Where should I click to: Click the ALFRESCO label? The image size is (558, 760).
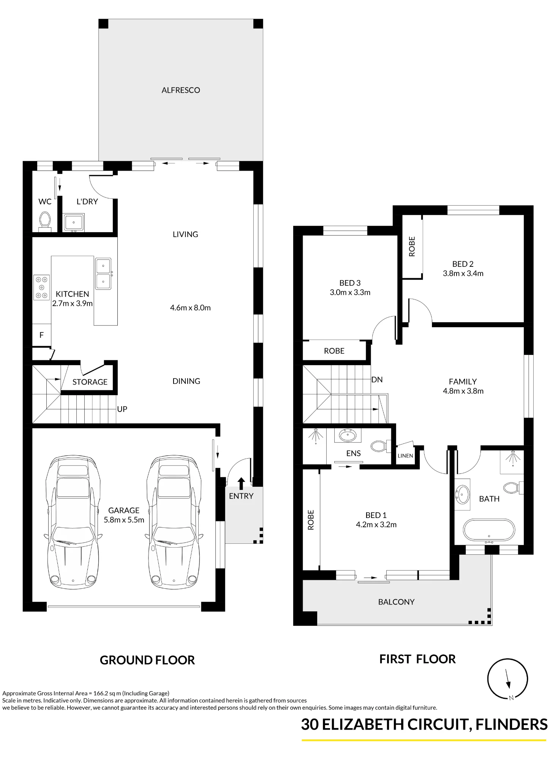[x=181, y=90]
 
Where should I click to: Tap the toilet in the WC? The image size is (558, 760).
[x=45, y=222]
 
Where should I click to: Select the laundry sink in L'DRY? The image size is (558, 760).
[x=74, y=222]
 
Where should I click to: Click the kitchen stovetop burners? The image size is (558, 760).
[x=41, y=287]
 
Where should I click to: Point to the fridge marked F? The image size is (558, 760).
[x=41, y=335]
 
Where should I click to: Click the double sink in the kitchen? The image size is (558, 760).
[x=103, y=274]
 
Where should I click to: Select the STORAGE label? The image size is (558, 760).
[x=90, y=382]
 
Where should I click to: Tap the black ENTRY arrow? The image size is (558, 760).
[x=241, y=483]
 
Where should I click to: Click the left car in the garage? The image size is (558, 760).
[x=73, y=523]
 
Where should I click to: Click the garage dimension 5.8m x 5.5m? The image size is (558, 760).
[x=124, y=520]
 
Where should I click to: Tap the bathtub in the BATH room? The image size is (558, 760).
[x=489, y=530]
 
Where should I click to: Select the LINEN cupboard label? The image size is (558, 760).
[x=405, y=456]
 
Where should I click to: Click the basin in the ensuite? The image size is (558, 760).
[x=346, y=435]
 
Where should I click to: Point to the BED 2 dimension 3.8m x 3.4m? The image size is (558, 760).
[x=463, y=273]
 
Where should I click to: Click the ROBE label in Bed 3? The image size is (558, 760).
[x=334, y=351]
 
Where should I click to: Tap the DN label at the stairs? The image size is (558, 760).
[x=377, y=380]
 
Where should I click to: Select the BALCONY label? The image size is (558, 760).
[x=396, y=602]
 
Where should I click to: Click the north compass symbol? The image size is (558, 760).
[x=507, y=679]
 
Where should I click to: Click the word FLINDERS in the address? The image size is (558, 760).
[x=511, y=725]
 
